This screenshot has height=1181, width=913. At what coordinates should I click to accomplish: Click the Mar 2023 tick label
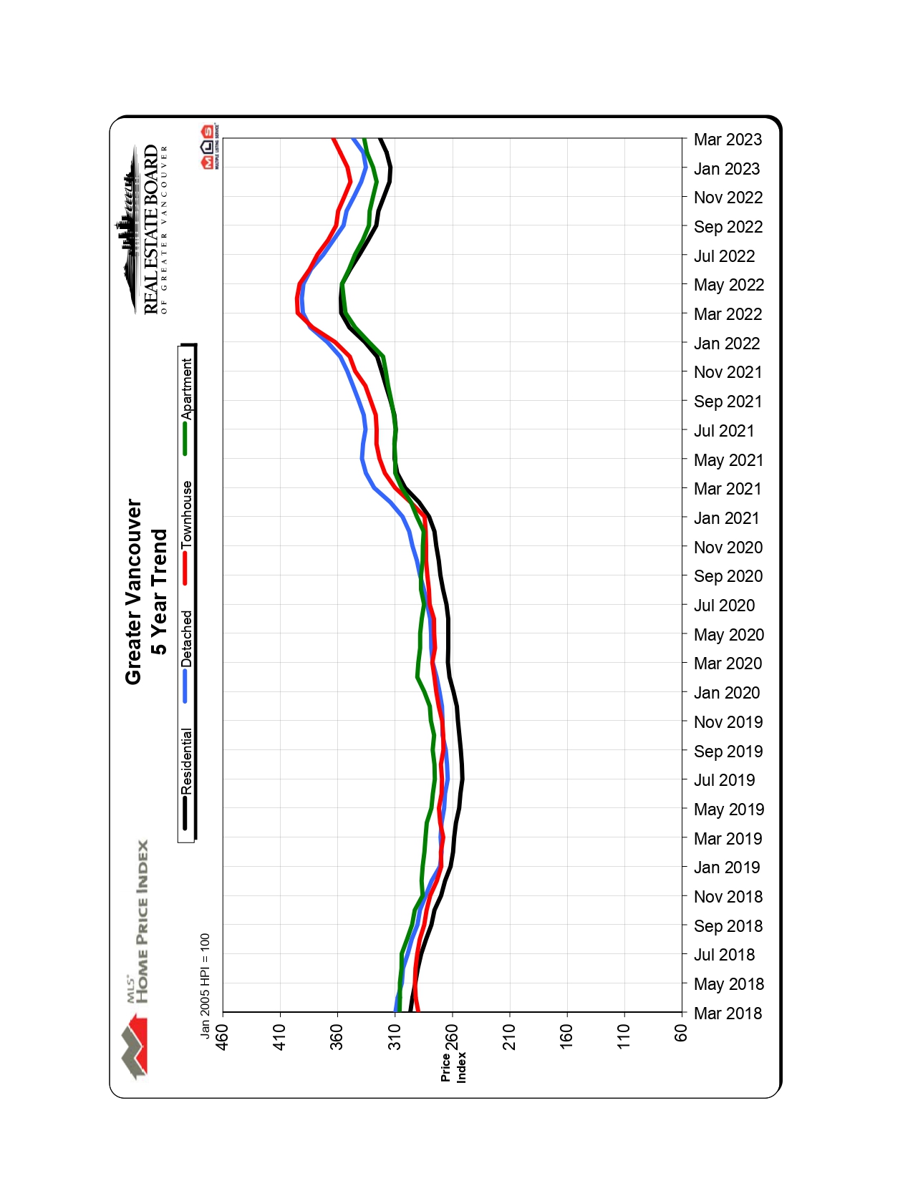[728, 140]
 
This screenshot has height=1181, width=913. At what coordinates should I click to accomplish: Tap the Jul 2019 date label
[724, 780]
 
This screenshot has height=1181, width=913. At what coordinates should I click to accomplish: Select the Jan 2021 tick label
[726, 518]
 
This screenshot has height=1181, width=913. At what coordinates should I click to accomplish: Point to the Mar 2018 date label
[728, 1014]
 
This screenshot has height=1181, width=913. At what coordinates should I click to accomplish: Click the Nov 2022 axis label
[728, 198]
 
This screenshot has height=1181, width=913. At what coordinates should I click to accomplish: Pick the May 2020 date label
[729, 635]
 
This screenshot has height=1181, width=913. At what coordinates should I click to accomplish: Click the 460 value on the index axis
[223, 1036]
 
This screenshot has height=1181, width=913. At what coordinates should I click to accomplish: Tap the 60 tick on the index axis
[681, 1033]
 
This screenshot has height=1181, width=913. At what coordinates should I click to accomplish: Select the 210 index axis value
[509, 1036]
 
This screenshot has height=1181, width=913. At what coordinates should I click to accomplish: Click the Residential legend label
[187, 761]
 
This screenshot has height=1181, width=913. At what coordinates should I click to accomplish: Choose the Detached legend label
[187, 638]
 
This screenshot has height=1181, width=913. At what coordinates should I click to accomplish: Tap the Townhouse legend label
[187, 515]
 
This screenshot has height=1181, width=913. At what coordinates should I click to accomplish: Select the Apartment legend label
[187, 389]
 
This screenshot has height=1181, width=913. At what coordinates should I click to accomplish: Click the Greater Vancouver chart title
[134, 592]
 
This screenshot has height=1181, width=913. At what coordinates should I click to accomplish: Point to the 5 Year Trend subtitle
[159, 592]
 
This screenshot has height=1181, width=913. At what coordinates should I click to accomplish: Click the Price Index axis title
[453, 1066]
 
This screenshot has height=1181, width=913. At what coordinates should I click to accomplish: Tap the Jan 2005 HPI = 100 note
[206, 985]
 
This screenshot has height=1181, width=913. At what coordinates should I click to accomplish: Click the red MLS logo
[207, 146]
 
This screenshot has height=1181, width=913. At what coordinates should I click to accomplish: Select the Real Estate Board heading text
[151, 229]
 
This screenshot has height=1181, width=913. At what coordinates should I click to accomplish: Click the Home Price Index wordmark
[142, 922]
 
